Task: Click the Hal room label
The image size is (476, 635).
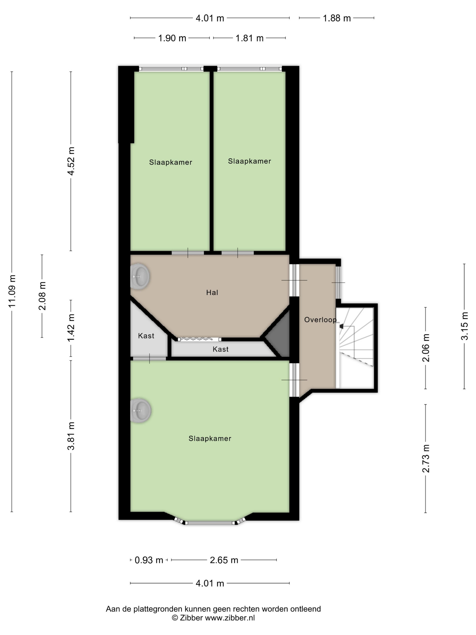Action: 212,293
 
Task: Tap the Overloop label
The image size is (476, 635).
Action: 320,320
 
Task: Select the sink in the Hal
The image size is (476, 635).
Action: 140,276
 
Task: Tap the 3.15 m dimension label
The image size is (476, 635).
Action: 464,326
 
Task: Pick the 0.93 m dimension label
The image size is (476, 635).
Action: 149,560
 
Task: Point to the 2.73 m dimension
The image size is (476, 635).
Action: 425,459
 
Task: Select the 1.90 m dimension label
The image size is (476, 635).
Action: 172,38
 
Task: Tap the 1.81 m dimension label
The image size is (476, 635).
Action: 249,38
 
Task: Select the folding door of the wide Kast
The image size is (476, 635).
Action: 199,339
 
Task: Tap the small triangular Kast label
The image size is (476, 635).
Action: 146,336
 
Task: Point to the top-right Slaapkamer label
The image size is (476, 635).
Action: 249,161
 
